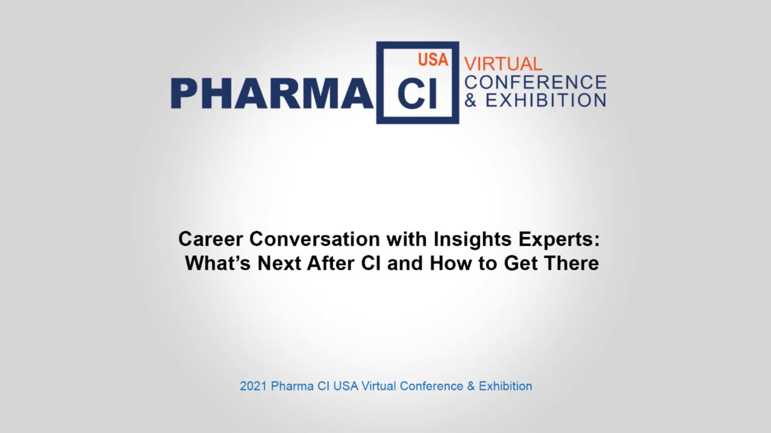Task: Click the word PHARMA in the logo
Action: point(271,93)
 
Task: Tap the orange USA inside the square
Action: point(433,60)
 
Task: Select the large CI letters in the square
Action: point(417,96)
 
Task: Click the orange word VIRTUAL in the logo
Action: point(503,64)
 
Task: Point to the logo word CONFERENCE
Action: point(535,82)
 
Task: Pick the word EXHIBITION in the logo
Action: point(546,100)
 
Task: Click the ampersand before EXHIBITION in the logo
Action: point(471,100)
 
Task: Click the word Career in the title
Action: point(210,239)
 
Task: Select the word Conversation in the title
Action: point(314,239)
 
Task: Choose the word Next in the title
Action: point(279,263)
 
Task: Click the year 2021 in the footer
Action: point(253,386)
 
